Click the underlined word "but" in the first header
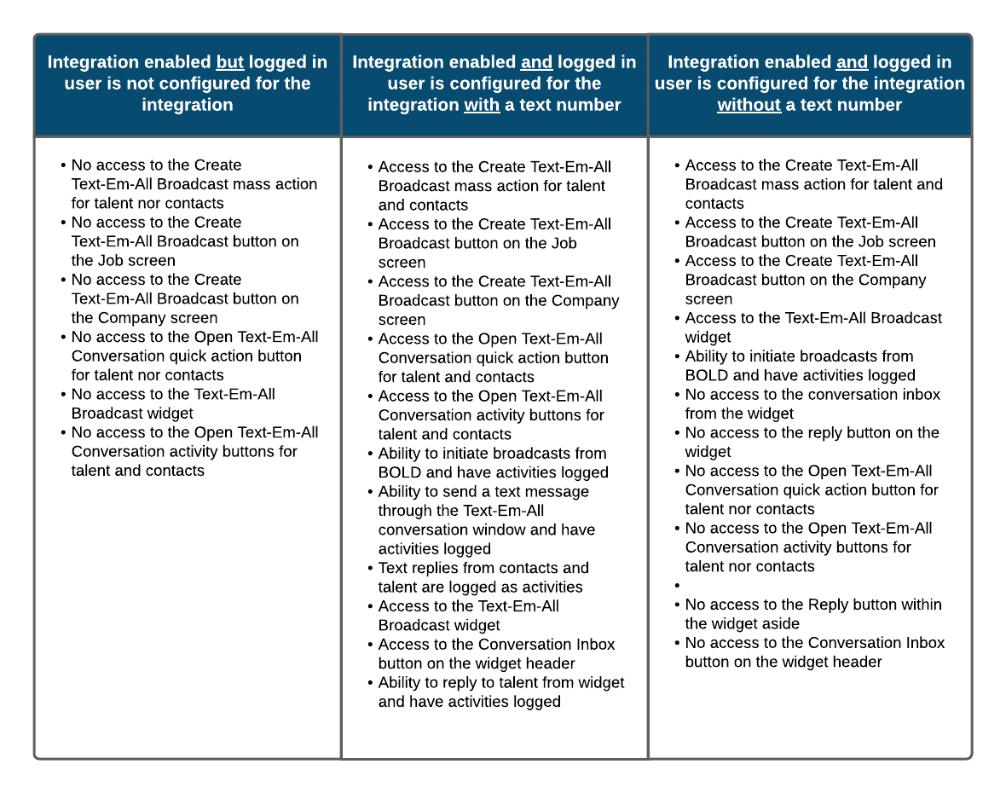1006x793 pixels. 230,62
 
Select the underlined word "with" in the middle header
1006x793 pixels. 482,105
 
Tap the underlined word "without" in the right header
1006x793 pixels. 749,105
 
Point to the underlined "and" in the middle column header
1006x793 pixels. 536,62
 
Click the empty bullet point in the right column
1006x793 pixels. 677,586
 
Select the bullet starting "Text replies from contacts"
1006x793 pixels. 483,577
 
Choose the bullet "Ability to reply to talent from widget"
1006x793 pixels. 500,692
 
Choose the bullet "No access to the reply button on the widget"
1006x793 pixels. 812,442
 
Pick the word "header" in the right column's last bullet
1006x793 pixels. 855,662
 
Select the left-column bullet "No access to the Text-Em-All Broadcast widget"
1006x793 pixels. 173,403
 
